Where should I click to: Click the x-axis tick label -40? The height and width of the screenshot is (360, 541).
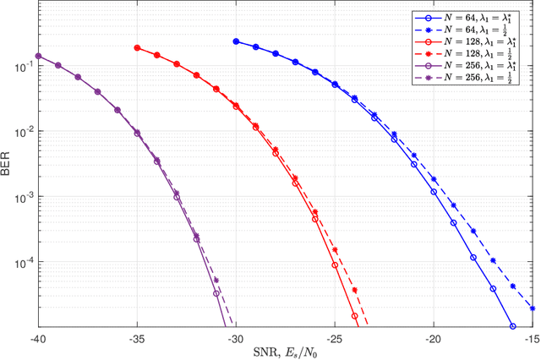(38, 337)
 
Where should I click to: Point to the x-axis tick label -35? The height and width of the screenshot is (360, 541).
(137, 337)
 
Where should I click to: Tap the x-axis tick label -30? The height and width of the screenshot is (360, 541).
(236, 337)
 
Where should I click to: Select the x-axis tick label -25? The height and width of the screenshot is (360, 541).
(335, 337)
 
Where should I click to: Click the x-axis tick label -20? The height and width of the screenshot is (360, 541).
(434, 337)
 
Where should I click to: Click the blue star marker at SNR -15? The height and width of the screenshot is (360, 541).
(533, 308)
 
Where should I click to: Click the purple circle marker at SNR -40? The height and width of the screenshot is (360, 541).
(38, 57)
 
